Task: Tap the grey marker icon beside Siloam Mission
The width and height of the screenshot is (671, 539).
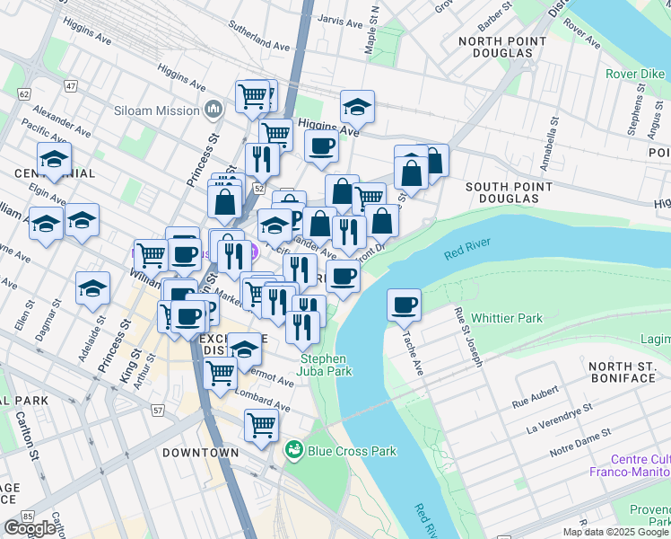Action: click(x=213, y=110)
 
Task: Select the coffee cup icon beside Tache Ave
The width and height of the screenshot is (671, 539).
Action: click(x=405, y=305)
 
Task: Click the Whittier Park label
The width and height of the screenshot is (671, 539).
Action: click(x=507, y=318)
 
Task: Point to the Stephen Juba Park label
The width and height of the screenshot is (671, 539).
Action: click(x=323, y=365)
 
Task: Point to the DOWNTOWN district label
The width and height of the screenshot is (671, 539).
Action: click(x=201, y=453)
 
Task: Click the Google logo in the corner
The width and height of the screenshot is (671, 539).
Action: click(x=30, y=527)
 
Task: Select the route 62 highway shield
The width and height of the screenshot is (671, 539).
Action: click(x=23, y=93)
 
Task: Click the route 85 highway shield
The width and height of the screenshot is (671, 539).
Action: click(x=27, y=517)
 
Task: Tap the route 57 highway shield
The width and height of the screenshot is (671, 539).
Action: click(x=159, y=411)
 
